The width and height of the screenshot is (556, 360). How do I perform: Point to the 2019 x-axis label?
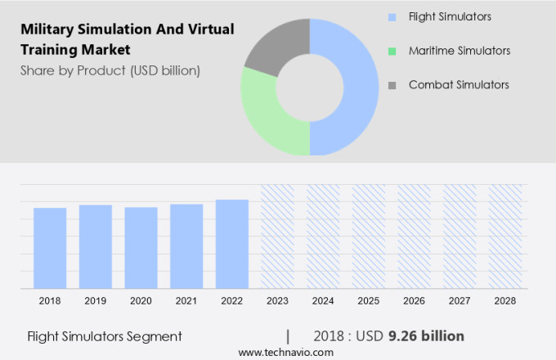96,301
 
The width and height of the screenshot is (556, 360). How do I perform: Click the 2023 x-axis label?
277,301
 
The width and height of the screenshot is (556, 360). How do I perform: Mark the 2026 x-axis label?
414,301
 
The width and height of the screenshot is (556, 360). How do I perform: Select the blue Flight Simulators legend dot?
392,16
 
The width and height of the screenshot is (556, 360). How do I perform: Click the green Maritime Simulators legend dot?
392,51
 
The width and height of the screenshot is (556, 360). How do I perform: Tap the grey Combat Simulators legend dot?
392,85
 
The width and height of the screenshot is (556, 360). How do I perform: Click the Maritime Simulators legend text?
460,51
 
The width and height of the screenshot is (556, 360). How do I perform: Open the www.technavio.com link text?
286,352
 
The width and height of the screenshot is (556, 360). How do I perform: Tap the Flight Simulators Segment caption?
104,336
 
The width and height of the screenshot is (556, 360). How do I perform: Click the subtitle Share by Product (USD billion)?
110,70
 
